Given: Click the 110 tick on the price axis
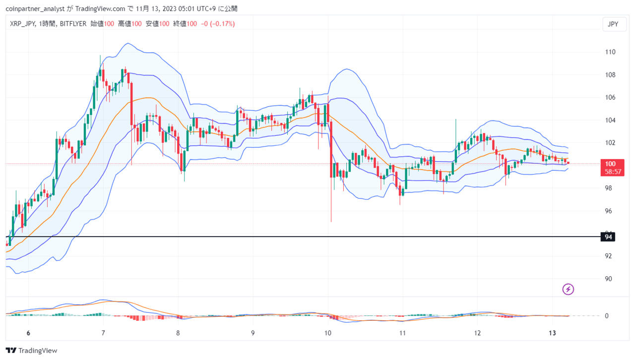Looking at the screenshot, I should tap(610, 52).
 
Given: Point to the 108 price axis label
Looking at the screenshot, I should tap(610, 75).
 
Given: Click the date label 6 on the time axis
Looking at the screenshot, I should tap(28, 333).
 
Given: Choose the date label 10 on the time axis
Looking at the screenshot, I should tap(327, 333).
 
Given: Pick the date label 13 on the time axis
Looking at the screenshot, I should tap(552, 333).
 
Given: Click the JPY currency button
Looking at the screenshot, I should tap(613, 24).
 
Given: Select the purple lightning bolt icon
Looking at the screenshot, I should tap(568, 289).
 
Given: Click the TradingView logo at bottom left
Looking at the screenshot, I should tap(32, 351).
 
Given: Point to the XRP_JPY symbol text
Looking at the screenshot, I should tap(22, 24).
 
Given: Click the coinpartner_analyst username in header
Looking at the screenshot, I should tap(37, 8).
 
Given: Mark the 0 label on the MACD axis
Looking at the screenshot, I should tap(606, 316).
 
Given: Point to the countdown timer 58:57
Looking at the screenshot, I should tap(614, 172).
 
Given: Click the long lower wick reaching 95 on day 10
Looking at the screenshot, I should tap(331, 208).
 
